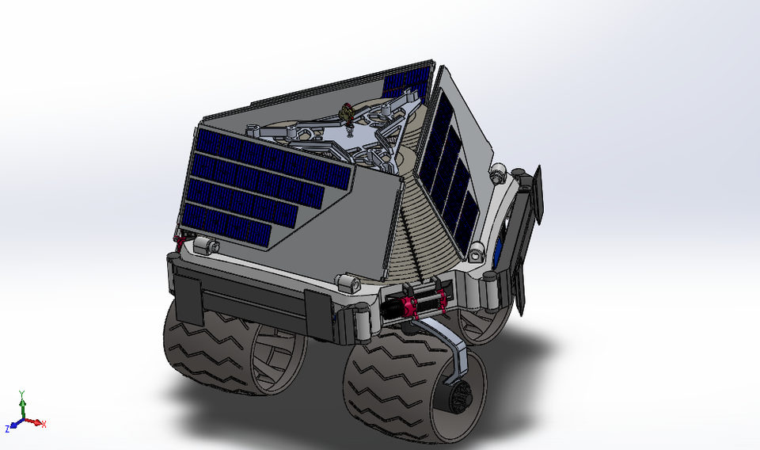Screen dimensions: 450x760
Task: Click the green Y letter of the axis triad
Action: pos(21,393)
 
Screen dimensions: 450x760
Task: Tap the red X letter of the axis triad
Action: pos(44,425)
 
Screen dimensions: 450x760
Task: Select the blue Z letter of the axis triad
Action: pos(7,429)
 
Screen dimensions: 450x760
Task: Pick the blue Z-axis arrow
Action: pos(14,424)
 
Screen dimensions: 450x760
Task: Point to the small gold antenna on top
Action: pos(345,115)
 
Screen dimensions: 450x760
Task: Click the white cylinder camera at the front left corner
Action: pos(204,246)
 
